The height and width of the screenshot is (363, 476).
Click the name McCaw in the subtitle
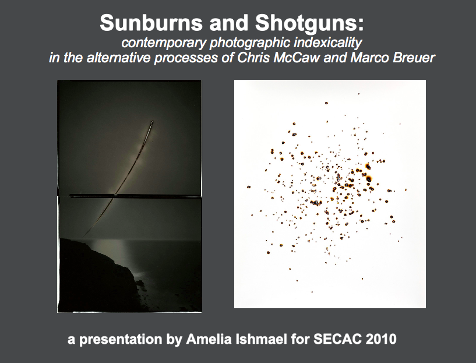pos(296,58)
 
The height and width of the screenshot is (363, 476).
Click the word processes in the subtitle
pos(186,58)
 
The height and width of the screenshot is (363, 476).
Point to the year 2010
pos(381,339)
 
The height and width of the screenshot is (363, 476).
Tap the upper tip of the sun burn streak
pos(152,121)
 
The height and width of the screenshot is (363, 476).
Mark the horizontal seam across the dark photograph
pos(129,196)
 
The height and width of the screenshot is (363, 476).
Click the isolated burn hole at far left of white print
pos(249,187)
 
